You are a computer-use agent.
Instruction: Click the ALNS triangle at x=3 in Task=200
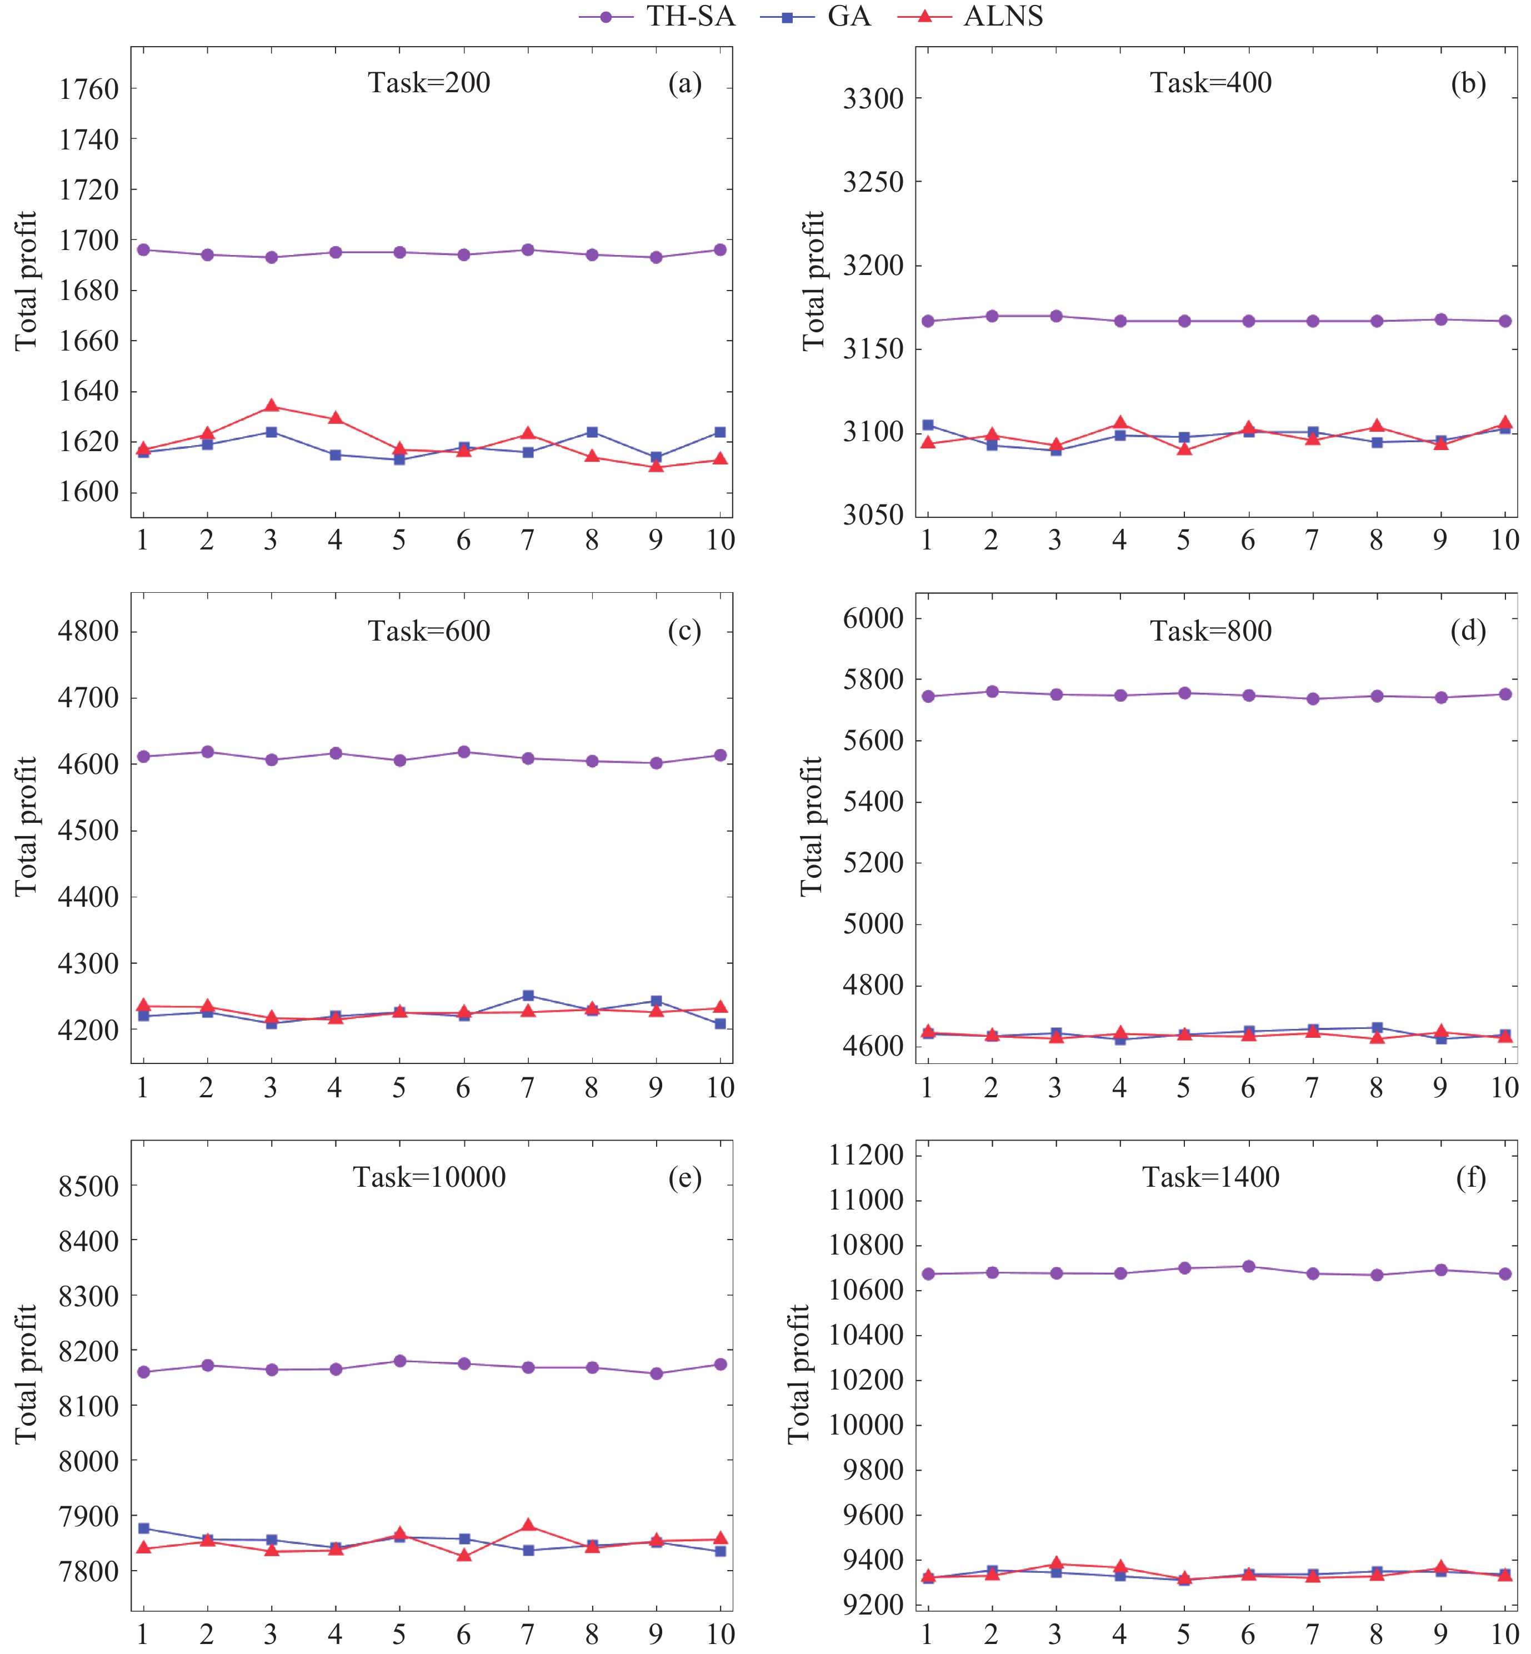point(271,406)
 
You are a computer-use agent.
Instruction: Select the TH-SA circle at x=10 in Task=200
point(720,249)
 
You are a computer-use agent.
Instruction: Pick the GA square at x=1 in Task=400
point(928,425)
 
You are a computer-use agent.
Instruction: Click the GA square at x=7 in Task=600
point(528,995)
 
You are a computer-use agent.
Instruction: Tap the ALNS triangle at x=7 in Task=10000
point(528,1526)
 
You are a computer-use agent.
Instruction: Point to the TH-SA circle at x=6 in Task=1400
point(1248,1266)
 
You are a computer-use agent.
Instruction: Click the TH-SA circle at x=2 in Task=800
point(992,691)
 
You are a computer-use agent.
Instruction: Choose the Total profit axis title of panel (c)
point(27,826)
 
